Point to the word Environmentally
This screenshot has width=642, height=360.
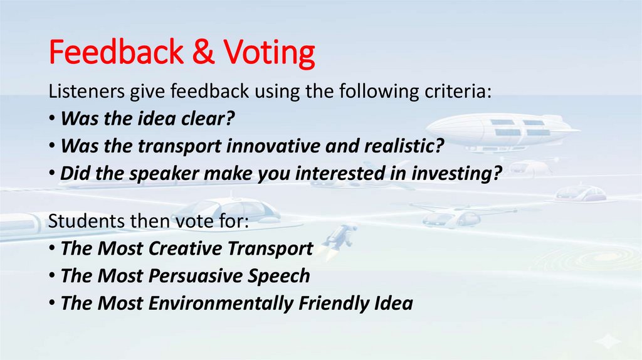coord(221,304)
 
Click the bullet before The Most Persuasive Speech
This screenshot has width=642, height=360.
coord(52,277)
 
